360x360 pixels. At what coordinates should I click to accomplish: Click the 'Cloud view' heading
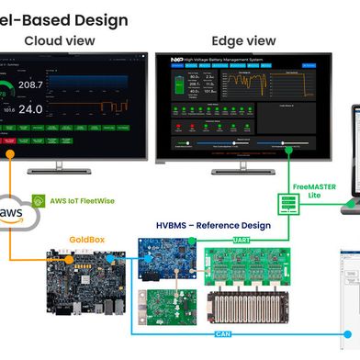(x=57, y=40)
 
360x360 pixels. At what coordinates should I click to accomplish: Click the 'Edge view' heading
(x=243, y=40)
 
